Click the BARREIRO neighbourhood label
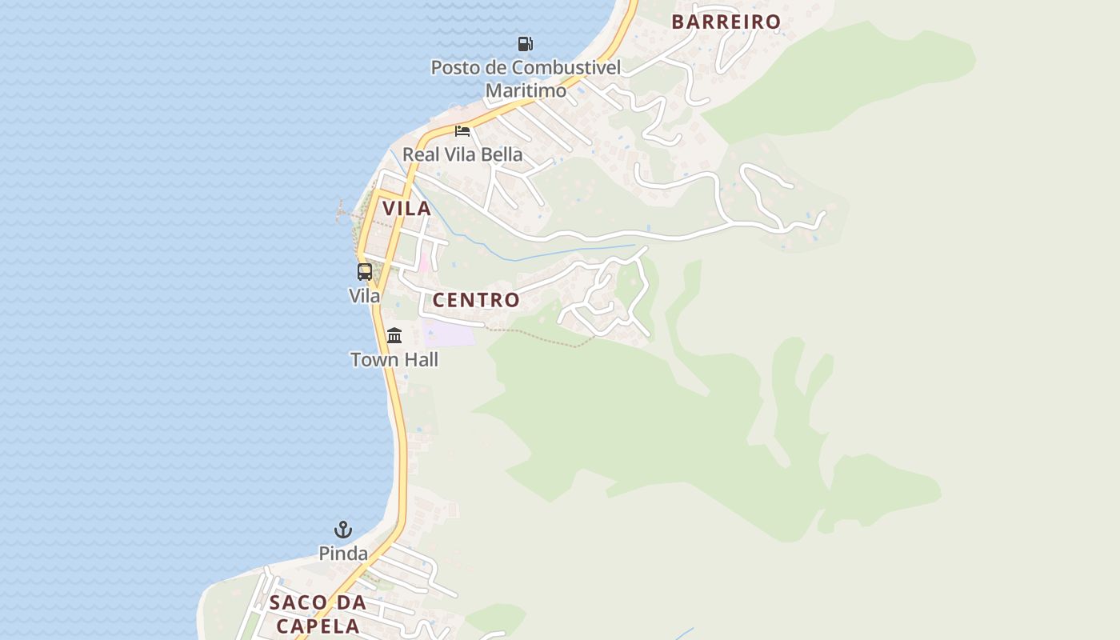point(726,22)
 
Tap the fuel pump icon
point(525,44)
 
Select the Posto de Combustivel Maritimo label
point(526,78)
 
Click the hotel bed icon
point(462,130)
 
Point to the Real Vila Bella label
point(462,154)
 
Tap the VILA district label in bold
point(406,209)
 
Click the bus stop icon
point(365,272)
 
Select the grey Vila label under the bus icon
point(365,296)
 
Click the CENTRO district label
point(476,301)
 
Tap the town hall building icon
point(394,335)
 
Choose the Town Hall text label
point(394,360)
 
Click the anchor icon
point(343,530)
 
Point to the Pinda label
point(343,554)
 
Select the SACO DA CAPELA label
point(318,614)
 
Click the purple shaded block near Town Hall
point(449,333)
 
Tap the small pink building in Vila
point(423,262)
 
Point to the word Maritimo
point(526,90)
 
